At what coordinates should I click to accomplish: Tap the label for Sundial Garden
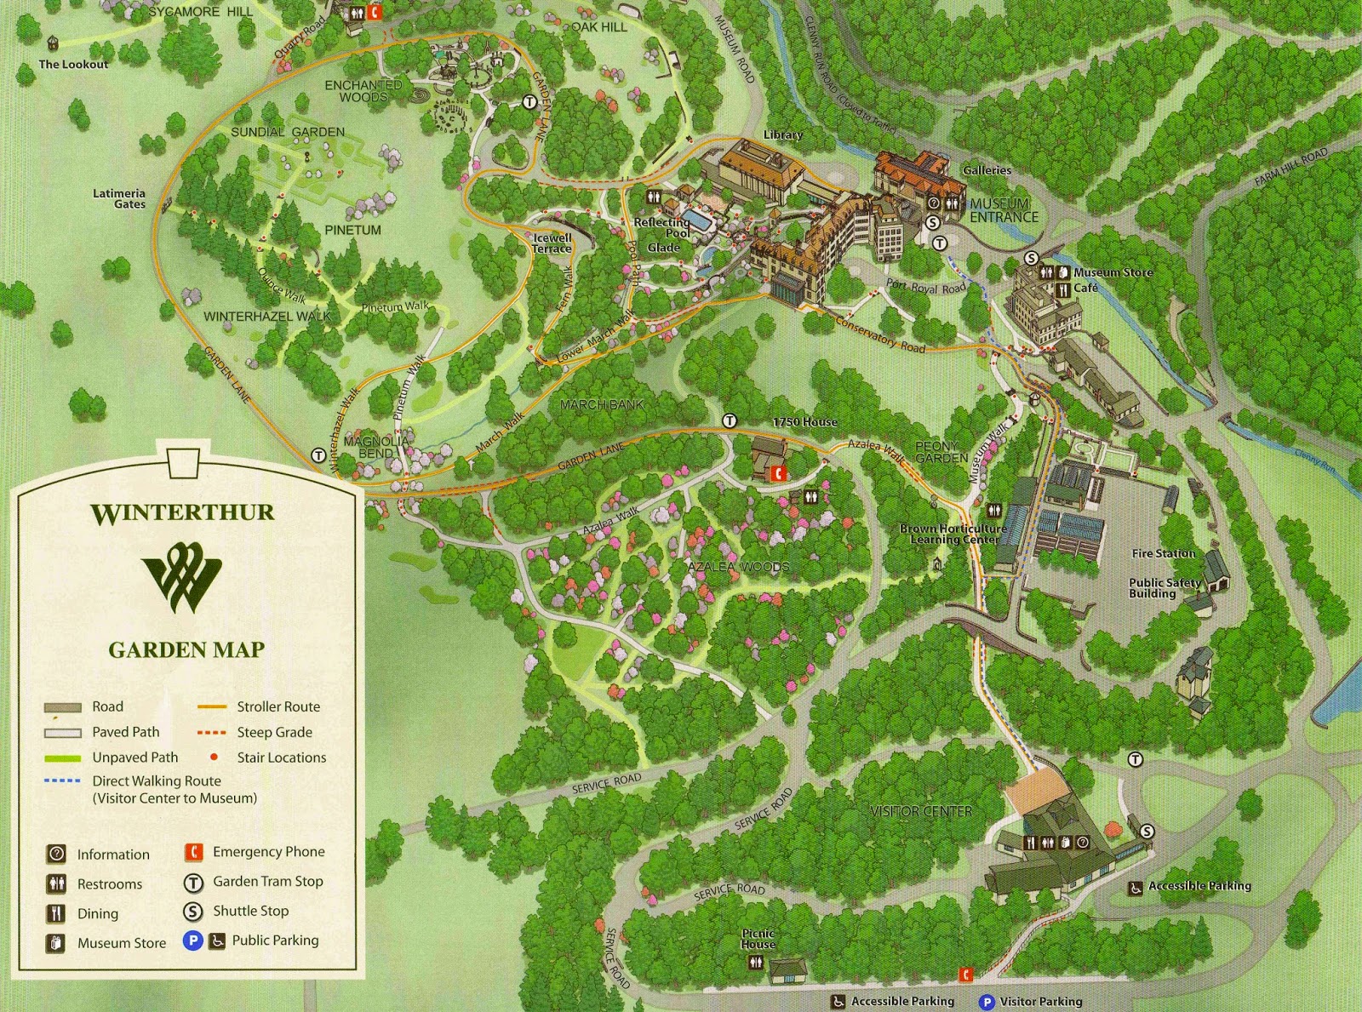pyautogui.click(x=288, y=132)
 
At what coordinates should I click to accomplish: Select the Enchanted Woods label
pyautogui.click(x=363, y=91)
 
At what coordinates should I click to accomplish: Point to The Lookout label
pyautogui.click(x=73, y=64)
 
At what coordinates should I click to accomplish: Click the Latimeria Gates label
pyautogui.click(x=120, y=198)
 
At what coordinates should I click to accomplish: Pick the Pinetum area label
pyautogui.click(x=352, y=230)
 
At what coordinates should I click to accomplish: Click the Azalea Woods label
pyautogui.click(x=738, y=567)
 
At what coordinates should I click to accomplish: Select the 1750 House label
pyautogui.click(x=804, y=421)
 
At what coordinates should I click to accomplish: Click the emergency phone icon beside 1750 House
pyautogui.click(x=776, y=473)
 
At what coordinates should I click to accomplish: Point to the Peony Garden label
pyautogui.click(x=941, y=452)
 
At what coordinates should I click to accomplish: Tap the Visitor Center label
pyautogui.click(x=921, y=811)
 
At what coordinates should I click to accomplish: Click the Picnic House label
pyautogui.click(x=758, y=939)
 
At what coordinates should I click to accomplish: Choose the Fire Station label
pyautogui.click(x=1163, y=553)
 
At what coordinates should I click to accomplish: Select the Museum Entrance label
pyautogui.click(x=1004, y=210)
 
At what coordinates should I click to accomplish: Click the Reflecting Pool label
pyautogui.click(x=662, y=227)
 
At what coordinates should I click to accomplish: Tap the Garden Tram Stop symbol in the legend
pyautogui.click(x=193, y=883)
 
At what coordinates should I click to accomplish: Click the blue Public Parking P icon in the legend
pyautogui.click(x=192, y=941)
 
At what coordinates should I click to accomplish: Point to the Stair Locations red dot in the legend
pyautogui.click(x=214, y=757)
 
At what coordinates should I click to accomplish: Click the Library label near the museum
pyautogui.click(x=782, y=134)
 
